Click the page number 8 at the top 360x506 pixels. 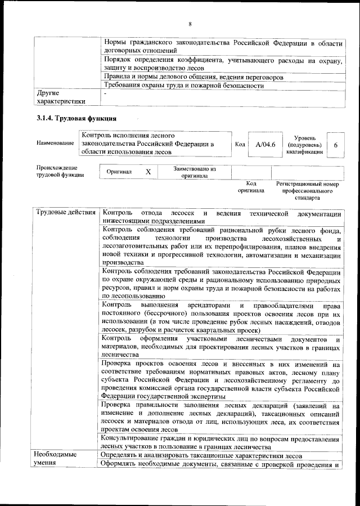[x=190, y=24]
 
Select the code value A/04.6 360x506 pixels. [x=265, y=145]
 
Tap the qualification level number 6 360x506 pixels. [x=335, y=145]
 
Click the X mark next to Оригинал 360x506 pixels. [x=148, y=172]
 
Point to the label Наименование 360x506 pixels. [x=55, y=144]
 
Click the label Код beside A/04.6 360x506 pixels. [x=240, y=145]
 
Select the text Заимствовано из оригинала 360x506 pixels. [x=194, y=172]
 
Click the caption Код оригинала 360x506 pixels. [x=251, y=187]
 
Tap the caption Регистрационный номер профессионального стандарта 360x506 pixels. [x=307, y=191]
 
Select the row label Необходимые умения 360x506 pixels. [x=55, y=459]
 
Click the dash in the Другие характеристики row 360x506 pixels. [x=105, y=93]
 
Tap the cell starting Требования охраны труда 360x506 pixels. [x=183, y=86]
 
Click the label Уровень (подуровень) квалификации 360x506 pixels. [x=304, y=145]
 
